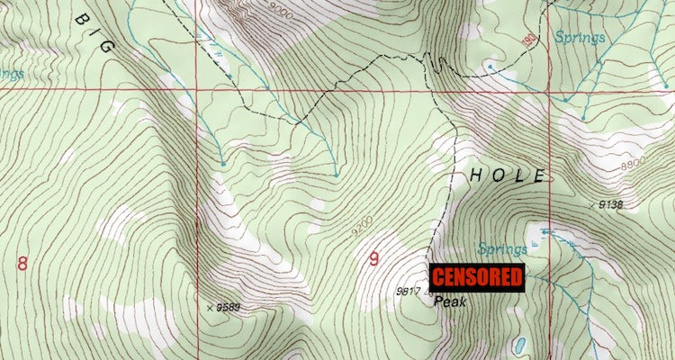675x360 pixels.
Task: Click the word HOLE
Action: click(x=506, y=175)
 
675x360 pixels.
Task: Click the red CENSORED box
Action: click(x=478, y=277)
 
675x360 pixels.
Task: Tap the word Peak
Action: click(x=450, y=303)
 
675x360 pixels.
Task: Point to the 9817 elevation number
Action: click(x=409, y=291)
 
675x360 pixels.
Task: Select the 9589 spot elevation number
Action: click(x=233, y=309)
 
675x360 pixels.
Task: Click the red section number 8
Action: click(x=22, y=263)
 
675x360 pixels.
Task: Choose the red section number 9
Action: click(x=373, y=260)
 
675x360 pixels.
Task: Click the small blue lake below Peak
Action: click(x=520, y=346)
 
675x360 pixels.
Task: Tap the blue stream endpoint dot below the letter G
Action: click(x=221, y=164)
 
